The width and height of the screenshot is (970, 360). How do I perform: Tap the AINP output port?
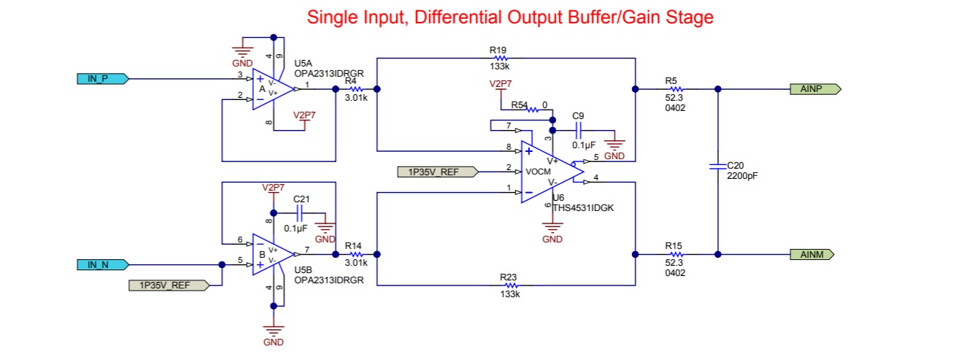[815, 89]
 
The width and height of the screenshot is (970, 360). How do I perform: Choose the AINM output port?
[812, 254]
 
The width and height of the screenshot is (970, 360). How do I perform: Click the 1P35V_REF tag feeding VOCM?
[438, 172]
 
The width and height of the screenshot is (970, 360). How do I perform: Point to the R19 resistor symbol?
[501, 58]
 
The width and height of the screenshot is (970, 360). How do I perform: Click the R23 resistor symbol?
[511, 286]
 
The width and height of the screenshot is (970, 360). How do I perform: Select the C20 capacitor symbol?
[718, 166]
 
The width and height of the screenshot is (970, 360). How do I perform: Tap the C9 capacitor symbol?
[578, 130]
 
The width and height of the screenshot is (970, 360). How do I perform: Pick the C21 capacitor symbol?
[299, 213]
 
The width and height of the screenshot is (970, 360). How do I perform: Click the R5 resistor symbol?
[677, 89]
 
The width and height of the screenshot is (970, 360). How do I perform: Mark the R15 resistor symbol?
[677, 254]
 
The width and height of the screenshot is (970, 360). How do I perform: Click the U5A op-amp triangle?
[273, 89]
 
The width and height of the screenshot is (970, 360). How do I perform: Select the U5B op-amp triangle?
[273, 254]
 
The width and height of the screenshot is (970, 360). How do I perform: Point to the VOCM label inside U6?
[538, 172]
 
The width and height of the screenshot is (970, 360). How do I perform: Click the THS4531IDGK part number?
[583, 208]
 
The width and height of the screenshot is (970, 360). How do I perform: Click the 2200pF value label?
[742, 176]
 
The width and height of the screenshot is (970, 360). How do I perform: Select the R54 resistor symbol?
[533, 110]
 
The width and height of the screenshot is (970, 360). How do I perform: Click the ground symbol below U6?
[553, 226]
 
